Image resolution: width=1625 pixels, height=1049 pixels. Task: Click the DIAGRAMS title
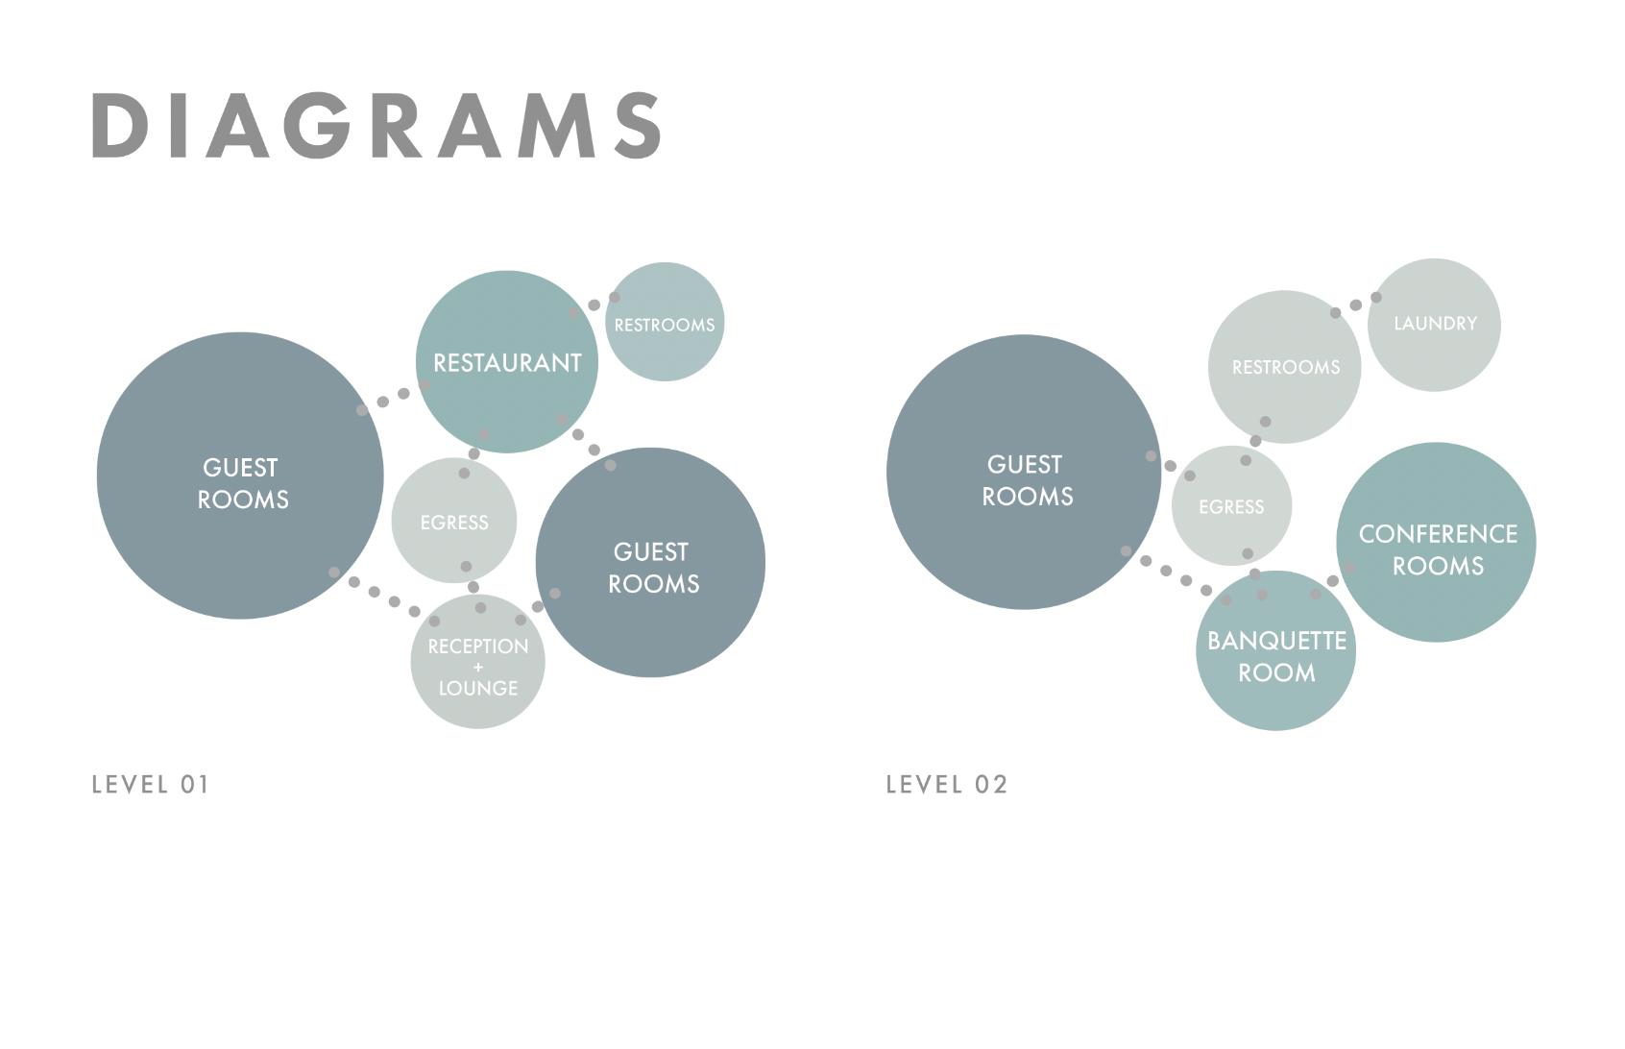coord(376,126)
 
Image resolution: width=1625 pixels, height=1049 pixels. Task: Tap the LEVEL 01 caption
coord(150,785)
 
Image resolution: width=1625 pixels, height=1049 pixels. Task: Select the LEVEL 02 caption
coord(946,785)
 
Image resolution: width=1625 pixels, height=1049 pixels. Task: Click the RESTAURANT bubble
coord(507,362)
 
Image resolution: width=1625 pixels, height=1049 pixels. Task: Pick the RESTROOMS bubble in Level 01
coord(665,324)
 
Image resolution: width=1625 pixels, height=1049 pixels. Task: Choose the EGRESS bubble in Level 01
coord(453,522)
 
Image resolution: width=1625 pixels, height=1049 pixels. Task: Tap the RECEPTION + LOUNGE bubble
coord(477,663)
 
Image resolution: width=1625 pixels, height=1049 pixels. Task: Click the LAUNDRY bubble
coord(1435,324)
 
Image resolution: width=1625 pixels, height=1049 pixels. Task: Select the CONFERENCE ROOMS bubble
coord(1437,549)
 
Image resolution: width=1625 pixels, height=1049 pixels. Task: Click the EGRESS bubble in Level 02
coord(1231,506)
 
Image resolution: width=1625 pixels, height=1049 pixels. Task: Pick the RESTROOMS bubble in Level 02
coord(1285,367)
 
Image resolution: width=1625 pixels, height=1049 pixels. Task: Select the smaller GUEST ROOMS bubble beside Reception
coord(651,567)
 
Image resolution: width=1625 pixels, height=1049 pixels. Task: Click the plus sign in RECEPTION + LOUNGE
coord(478,668)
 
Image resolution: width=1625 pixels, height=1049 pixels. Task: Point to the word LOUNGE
coord(478,688)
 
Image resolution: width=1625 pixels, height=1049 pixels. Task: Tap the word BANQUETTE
coord(1276,641)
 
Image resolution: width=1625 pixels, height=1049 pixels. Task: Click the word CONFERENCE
coord(1438,534)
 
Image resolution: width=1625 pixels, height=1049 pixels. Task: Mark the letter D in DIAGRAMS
coord(116,126)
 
